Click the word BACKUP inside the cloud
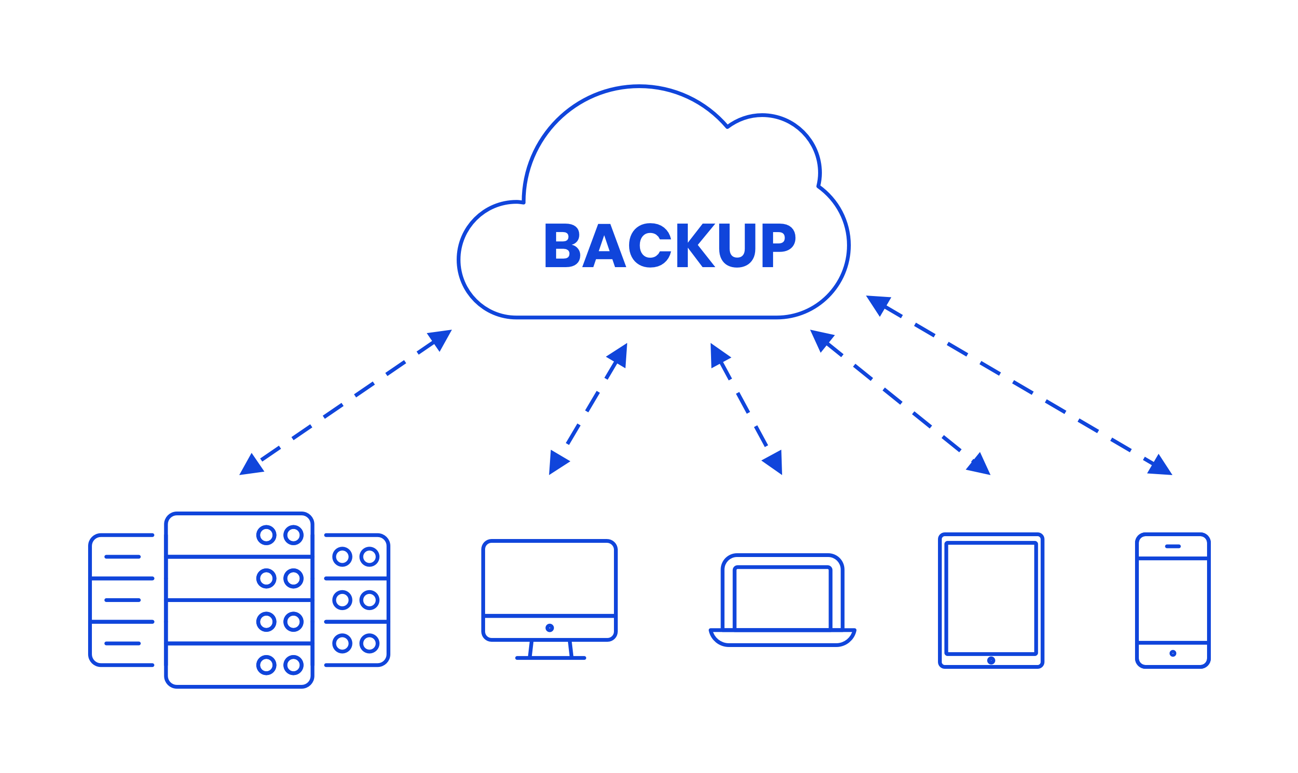pos(669,245)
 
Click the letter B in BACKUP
pos(562,245)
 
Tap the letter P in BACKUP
pos(778,245)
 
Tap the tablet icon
pos(991,600)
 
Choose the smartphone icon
pos(1172,600)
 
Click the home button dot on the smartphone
pos(1172,653)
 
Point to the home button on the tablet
pos(991,660)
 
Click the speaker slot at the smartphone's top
pos(1172,546)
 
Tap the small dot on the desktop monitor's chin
pos(550,628)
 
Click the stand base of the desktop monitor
pos(550,658)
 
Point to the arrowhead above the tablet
pos(979,465)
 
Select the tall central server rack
pos(239,600)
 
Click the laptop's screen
pos(782,596)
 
